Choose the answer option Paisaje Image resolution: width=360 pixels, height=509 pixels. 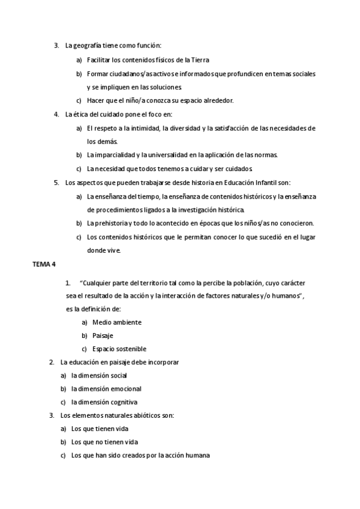pos(103,336)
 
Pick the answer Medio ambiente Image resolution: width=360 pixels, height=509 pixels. pos(117,322)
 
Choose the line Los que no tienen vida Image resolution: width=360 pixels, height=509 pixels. pos(100,442)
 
